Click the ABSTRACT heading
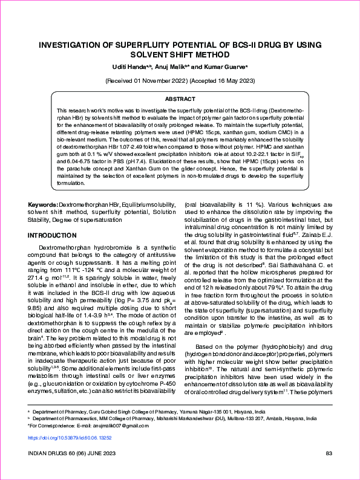click(180, 99)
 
